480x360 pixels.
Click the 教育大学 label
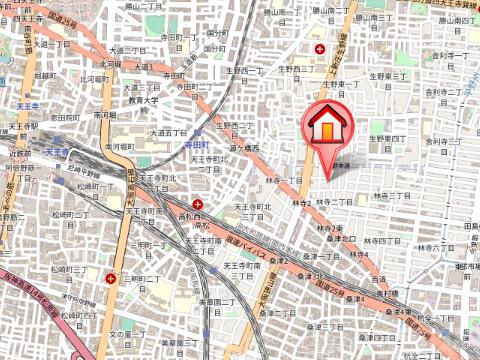(143, 101)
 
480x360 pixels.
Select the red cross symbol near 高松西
(196, 206)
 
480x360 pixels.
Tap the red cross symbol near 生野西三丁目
(320, 49)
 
